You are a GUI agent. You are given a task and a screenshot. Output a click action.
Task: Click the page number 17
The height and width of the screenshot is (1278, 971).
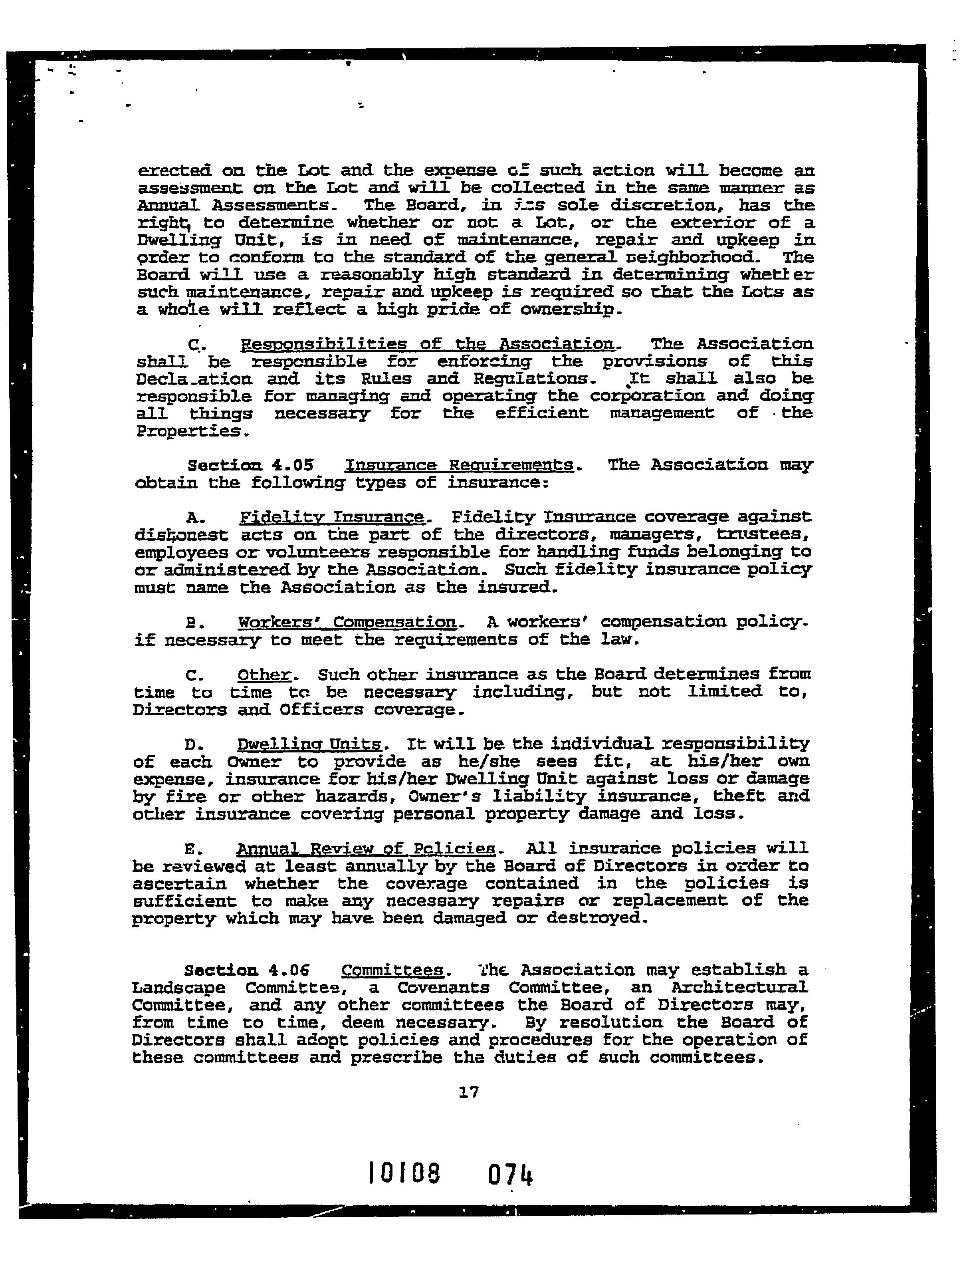468,1092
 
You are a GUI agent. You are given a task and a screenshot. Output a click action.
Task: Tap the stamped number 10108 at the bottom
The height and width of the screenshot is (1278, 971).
404,1174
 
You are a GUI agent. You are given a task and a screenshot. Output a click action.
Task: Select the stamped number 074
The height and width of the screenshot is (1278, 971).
510,1175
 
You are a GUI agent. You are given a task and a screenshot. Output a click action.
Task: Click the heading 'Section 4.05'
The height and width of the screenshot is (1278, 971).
251,465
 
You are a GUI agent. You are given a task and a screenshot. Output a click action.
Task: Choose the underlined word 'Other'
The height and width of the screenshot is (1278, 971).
264,675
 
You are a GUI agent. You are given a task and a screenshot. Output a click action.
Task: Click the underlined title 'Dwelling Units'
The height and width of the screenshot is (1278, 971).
309,744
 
